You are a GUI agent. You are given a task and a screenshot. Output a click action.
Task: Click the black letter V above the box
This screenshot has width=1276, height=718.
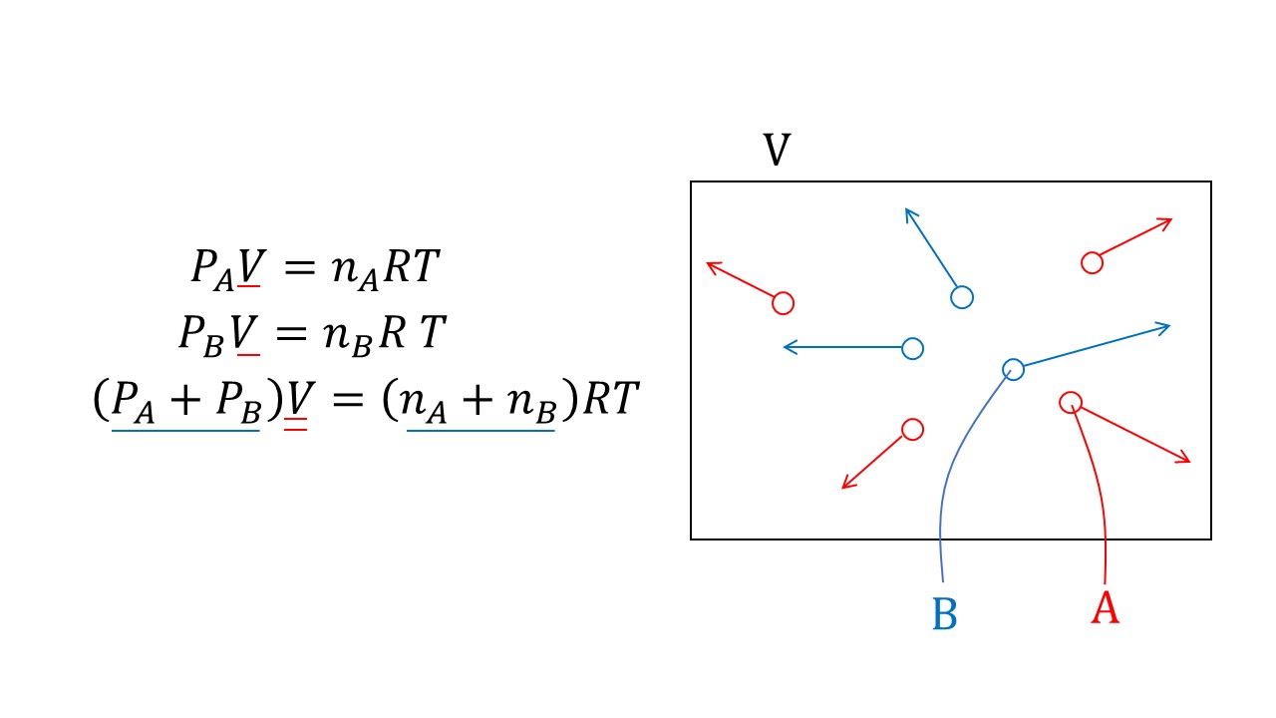(x=777, y=151)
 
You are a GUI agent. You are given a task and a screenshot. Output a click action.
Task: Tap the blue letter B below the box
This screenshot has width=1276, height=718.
(x=944, y=614)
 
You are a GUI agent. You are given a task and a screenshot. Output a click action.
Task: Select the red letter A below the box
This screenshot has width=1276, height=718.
(x=1105, y=607)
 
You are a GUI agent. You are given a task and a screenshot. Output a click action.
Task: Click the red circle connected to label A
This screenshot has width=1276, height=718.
(x=1070, y=402)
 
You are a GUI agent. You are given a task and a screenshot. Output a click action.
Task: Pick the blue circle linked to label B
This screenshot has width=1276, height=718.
(x=1013, y=370)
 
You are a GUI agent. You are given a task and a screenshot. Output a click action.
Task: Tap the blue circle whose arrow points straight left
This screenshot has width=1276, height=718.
(x=912, y=348)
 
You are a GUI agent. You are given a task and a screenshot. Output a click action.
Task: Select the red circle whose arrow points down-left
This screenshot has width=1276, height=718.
(x=912, y=429)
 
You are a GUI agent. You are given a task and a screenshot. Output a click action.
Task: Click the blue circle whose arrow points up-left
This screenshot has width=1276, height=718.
(x=961, y=297)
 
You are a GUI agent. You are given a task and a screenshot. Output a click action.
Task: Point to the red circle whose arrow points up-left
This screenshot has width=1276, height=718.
(x=783, y=302)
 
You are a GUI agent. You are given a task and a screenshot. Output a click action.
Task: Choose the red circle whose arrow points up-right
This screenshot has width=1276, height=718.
(x=1092, y=262)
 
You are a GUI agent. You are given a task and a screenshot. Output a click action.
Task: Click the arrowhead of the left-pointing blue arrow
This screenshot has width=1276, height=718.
(x=789, y=347)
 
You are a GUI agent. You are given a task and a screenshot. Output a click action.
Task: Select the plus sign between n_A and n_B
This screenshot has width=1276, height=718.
(x=480, y=401)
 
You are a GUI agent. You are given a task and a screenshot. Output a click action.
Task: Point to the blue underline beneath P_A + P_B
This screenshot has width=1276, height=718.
(x=185, y=430)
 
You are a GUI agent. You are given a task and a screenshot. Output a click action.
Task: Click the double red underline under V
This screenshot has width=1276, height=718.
(x=295, y=425)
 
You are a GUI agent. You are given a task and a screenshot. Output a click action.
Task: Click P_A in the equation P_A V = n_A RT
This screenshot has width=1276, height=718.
(x=210, y=270)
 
